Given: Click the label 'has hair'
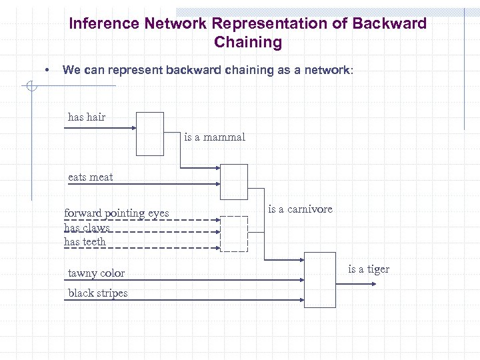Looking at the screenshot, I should (87, 117).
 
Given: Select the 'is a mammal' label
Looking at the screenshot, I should (215, 137).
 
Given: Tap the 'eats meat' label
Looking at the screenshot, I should (91, 177).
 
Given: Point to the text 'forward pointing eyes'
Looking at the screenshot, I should (117, 213).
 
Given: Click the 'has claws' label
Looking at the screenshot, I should (87, 227).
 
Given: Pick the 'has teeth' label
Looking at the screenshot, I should (85, 241).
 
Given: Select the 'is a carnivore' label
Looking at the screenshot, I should (300, 209).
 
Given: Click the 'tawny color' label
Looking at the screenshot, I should (96, 273).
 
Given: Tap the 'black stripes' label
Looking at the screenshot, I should (97, 293).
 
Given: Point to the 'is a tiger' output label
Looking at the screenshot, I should (369, 269).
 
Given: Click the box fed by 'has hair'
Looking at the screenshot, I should (150, 133).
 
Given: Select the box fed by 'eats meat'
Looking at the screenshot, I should (234, 182).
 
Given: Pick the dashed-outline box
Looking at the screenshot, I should (234, 234).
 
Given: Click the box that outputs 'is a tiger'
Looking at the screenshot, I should (320, 280).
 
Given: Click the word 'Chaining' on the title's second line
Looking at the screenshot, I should (248, 43).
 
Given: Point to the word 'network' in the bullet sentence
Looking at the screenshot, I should (323, 70).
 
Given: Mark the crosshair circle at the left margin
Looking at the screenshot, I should (31, 85).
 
